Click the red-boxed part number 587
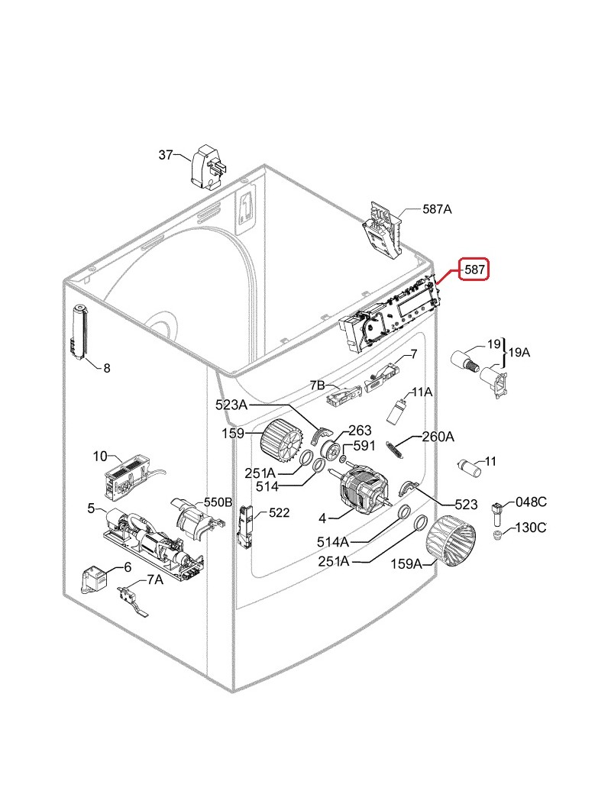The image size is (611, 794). (x=474, y=270)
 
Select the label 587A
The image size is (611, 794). (x=437, y=209)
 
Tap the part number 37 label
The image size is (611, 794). (x=166, y=155)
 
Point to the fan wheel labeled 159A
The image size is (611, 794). (x=450, y=541)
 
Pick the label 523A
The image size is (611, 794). (x=231, y=405)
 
